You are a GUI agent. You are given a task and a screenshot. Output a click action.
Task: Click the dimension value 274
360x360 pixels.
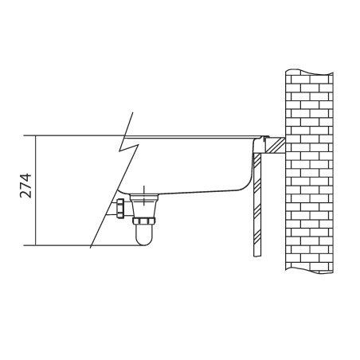pos(25,186)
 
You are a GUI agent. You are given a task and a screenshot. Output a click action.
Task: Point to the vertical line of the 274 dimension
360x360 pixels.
pos(35,190)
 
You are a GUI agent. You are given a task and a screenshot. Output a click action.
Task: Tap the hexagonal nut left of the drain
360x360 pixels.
pos(120,209)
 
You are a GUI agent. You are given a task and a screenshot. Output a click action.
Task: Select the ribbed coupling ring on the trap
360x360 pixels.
pos(144,221)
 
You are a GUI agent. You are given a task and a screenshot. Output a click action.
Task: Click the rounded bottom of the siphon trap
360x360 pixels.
pos(143,240)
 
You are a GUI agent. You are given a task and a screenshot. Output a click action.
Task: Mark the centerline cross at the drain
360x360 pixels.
pos(143,196)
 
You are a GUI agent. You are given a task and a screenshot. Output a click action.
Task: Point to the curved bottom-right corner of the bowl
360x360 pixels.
pos(245,184)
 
